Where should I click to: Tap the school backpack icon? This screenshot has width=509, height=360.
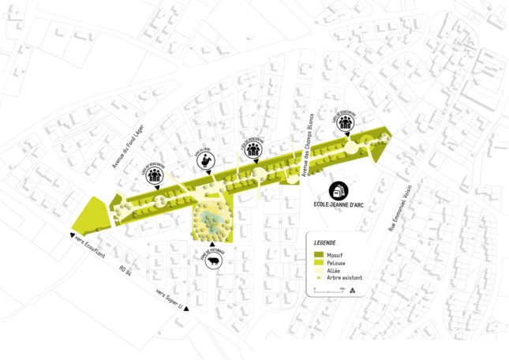click(339, 192)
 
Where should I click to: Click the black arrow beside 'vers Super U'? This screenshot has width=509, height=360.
click(187, 309)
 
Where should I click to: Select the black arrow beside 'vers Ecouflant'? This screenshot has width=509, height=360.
click(73, 234)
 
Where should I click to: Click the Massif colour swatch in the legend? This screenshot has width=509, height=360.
click(320, 255)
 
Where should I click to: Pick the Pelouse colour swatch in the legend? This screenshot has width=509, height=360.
click(320, 263)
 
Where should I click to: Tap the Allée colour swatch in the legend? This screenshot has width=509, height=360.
click(320, 271)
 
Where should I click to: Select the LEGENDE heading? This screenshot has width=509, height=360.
click(325, 242)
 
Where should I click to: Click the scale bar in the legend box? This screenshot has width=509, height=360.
click(327, 291)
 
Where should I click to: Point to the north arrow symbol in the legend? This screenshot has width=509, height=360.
click(352, 290)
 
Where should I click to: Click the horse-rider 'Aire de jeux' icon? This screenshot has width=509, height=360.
click(206, 162)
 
